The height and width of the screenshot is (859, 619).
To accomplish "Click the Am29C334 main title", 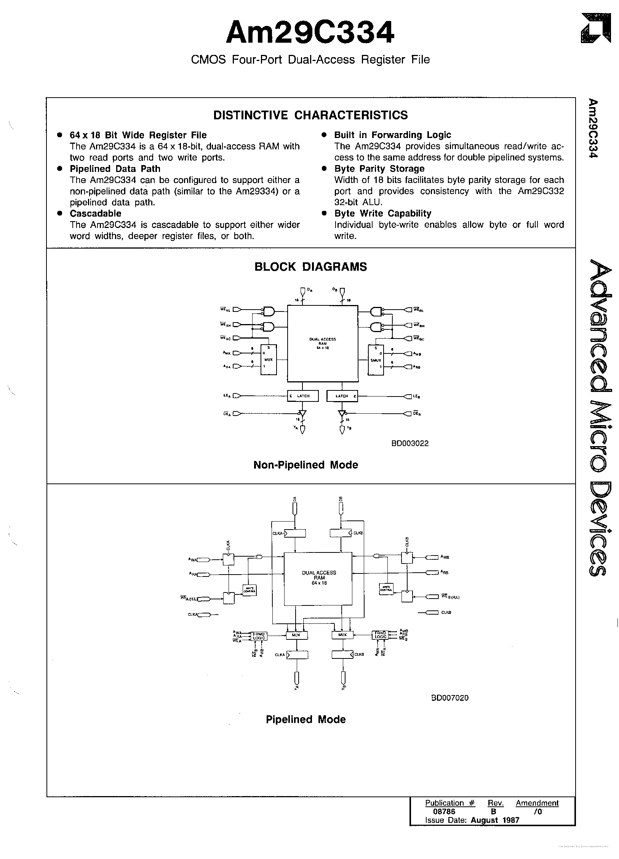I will (310, 33).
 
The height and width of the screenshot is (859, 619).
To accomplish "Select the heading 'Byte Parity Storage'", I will (379, 169).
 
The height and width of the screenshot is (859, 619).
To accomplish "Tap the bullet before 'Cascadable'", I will (59, 214).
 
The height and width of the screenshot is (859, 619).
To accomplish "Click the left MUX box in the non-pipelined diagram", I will (269, 359).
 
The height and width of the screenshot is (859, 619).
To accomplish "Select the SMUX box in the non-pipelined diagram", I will (376, 359).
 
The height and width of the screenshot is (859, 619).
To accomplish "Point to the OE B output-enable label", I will (417, 413).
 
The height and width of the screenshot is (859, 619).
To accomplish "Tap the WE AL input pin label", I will (226, 309).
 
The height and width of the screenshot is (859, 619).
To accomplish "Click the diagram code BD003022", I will (409, 443).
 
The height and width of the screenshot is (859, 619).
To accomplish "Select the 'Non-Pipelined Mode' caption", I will (306, 465).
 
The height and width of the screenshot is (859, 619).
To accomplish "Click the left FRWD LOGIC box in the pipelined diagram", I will (259, 635).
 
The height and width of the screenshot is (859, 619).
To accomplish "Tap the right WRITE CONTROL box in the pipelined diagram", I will (385, 589).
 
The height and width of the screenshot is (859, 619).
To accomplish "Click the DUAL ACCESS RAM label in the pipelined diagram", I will (319, 577).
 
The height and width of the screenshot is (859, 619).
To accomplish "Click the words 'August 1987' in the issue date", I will (495, 820).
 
